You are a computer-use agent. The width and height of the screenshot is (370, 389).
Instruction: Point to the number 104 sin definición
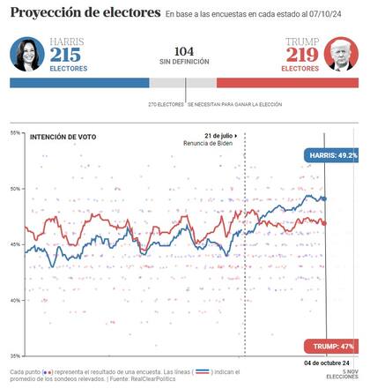[x=184, y=51]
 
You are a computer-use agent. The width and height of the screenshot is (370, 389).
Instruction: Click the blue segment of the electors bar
[x=79, y=82]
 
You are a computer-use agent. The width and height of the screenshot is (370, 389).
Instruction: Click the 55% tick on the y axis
[x=15, y=133]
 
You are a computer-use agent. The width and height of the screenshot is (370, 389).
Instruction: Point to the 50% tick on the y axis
[x=15, y=189]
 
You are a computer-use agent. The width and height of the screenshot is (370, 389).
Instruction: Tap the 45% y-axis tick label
[x=15, y=244]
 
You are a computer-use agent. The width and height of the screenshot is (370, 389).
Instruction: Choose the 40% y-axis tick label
[x=15, y=300]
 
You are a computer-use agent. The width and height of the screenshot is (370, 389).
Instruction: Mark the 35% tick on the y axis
[x=15, y=355]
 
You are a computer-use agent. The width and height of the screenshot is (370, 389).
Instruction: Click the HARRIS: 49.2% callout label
[x=331, y=154]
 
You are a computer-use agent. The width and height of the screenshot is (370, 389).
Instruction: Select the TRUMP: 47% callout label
[x=331, y=346]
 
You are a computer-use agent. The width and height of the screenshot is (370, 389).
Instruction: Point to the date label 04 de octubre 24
[x=327, y=363]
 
